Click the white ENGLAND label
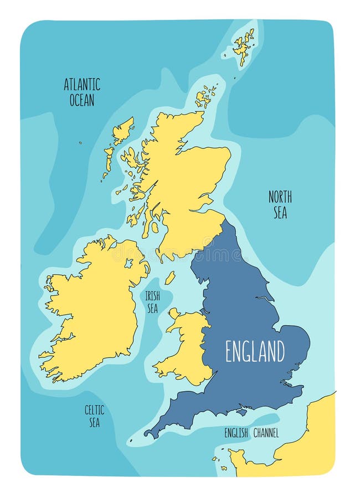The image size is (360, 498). [x=255, y=351]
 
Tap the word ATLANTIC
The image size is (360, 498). [x=82, y=85]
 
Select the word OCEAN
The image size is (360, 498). [x=82, y=100]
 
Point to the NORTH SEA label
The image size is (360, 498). [x=280, y=204]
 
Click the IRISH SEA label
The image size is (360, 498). [x=152, y=302]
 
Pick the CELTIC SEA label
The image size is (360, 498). [x=94, y=416]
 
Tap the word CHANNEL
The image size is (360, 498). [x=265, y=433]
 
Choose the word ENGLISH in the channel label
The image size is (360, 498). [x=236, y=433]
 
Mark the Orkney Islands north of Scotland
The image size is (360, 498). [x=205, y=97]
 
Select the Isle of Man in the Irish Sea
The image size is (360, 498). [x=170, y=277]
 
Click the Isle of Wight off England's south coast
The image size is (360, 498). [x=241, y=412]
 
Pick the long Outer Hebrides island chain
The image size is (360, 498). [x=114, y=147]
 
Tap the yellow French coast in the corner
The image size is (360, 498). [x=316, y=443]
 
